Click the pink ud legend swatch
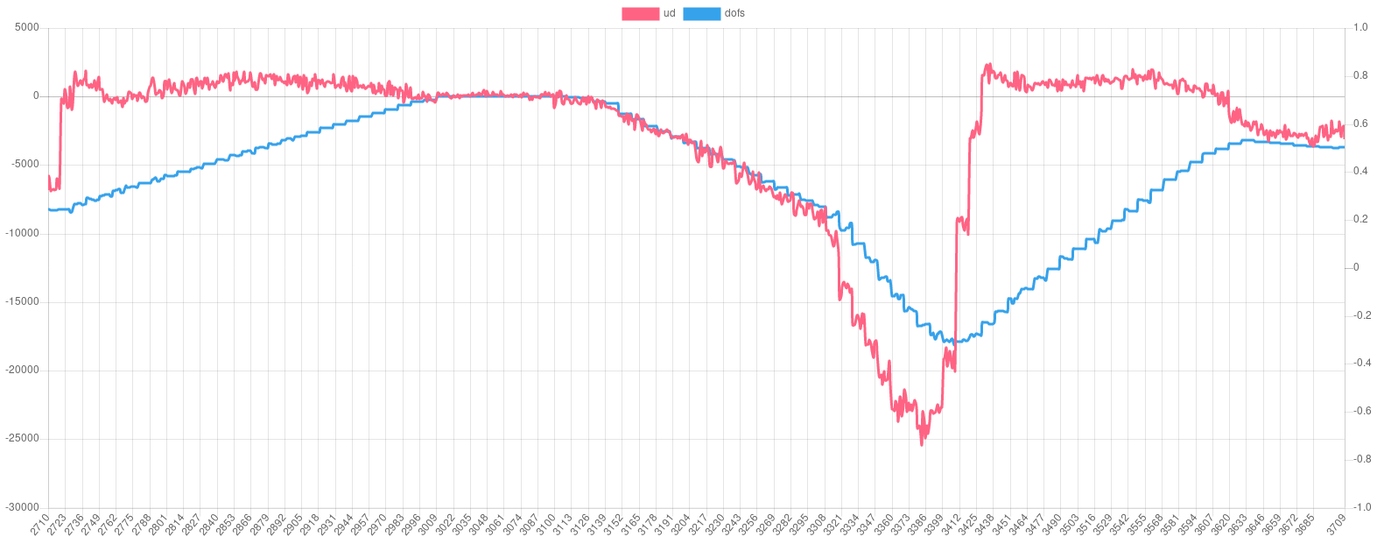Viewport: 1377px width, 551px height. [x=640, y=13]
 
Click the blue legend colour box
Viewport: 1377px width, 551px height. [x=700, y=13]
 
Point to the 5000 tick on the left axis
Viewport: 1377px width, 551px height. [x=26, y=27]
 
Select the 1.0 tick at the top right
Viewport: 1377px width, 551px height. [x=1360, y=27]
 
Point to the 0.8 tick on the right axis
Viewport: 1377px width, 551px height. [x=1360, y=75]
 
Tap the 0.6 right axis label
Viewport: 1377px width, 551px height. [x=1360, y=124]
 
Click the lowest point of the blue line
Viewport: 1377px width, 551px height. [x=956, y=343]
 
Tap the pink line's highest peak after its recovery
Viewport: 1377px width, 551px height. [x=987, y=63]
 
